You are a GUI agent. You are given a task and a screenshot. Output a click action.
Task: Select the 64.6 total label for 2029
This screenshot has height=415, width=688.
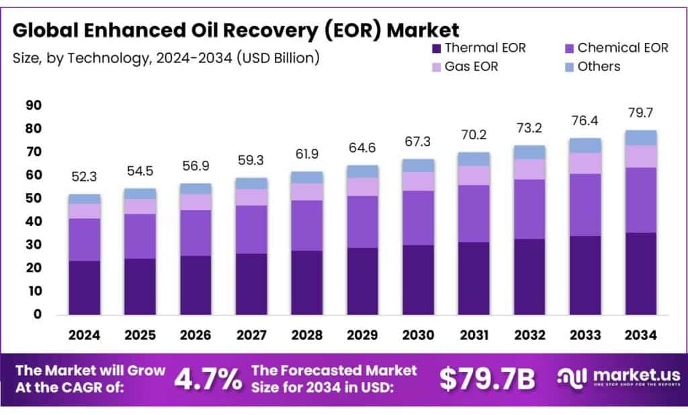[x=362, y=147]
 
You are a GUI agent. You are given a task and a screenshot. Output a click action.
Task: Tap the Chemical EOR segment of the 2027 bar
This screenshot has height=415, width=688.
[x=251, y=229]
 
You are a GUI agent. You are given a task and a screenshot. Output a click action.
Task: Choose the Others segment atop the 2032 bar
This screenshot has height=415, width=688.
[x=529, y=152]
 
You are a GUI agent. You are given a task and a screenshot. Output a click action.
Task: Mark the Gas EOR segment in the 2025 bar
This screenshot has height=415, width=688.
[x=140, y=206]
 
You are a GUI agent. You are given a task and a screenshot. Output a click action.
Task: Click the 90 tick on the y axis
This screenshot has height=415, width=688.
[x=33, y=106]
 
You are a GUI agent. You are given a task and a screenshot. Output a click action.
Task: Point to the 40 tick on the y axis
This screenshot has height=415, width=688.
[x=33, y=222]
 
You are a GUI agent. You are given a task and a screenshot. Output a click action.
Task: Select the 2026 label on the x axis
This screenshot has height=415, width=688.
[x=195, y=335]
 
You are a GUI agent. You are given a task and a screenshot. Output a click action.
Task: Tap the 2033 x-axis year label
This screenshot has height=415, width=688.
[x=585, y=335]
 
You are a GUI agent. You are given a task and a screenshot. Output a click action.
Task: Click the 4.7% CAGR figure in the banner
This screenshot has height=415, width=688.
[x=208, y=379]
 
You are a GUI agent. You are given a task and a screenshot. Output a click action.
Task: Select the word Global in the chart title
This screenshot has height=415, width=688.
[x=49, y=30]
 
